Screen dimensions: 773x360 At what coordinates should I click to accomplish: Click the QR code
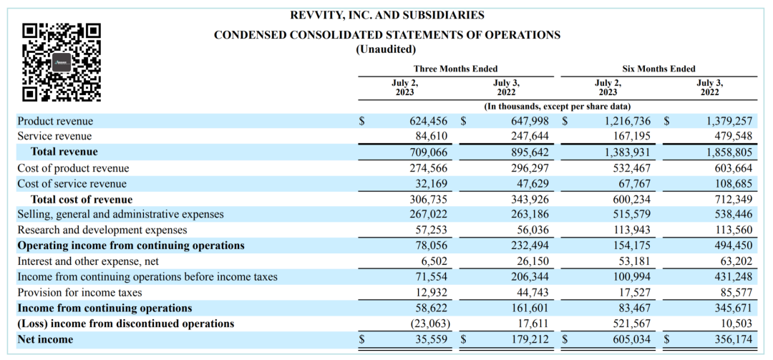click(62, 63)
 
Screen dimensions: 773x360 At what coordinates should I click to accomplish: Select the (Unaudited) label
click(386, 49)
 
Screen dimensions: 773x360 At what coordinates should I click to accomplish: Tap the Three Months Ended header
click(455, 69)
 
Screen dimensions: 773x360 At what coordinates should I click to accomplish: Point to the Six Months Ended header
click(658, 69)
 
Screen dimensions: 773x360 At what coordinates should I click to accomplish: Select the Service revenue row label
click(54, 136)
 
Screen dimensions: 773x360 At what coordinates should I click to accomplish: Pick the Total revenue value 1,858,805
click(729, 152)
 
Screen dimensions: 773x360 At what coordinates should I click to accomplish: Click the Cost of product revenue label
click(74, 168)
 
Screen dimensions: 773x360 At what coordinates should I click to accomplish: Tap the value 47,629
click(532, 184)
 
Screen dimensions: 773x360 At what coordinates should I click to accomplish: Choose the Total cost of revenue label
click(82, 200)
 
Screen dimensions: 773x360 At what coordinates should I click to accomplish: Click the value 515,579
click(631, 215)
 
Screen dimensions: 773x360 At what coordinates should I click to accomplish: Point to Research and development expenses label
click(102, 230)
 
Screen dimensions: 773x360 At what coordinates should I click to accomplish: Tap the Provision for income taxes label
click(80, 293)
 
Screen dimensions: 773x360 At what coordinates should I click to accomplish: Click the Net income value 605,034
click(631, 339)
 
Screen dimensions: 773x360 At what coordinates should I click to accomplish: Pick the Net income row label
click(45, 339)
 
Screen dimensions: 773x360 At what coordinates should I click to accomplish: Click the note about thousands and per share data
click(558, 106)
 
